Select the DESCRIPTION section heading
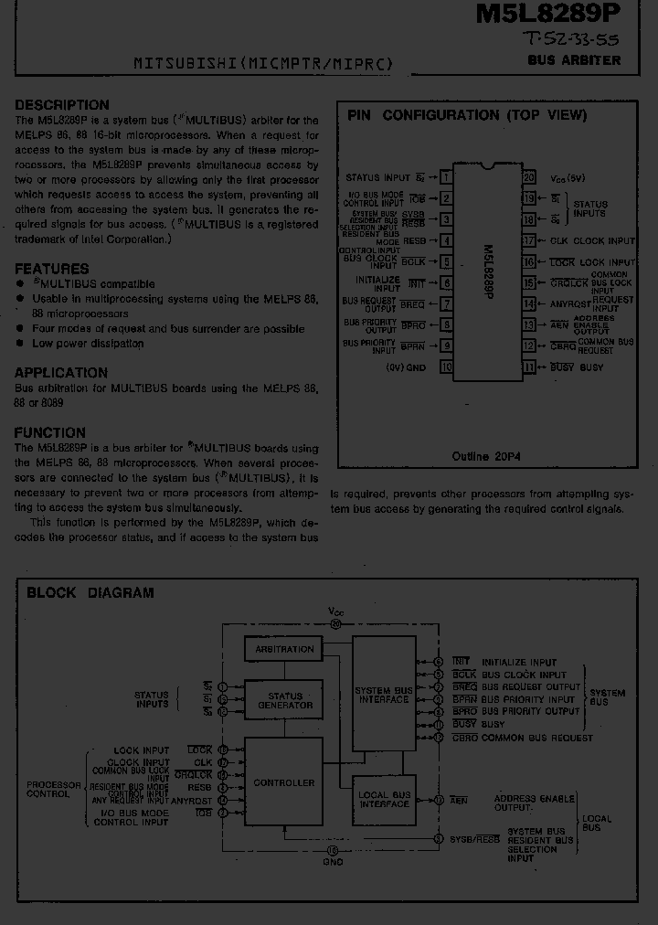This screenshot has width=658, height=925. (x=61, y=104)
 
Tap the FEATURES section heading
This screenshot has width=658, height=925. (x=52, y=269)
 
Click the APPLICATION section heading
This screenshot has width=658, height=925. (x=61, y=372)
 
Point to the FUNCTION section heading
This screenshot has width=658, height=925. (x=50, y=432)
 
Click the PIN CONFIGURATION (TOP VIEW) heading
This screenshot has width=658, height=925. (x=466, y=115)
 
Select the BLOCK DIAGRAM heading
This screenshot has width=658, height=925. (x=90, y=592)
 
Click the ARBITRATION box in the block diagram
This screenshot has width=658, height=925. (x=284, y=649)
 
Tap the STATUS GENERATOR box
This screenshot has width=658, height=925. (x=284, y=700)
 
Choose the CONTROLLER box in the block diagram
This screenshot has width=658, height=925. (x=284, y=782)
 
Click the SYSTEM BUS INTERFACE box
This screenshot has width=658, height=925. (x=384, y=695)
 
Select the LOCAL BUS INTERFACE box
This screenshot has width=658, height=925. (x=384, y=799)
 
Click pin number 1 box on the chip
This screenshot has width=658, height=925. (x=446, y=176)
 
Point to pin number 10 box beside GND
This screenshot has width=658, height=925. (x=446, y=367)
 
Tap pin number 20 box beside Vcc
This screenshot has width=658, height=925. (x=529, y=176)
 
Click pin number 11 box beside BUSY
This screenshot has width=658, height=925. (x=529, y=367)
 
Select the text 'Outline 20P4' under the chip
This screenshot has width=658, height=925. (x=485, y=455)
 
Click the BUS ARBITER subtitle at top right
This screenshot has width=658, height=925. (x=574, y=60)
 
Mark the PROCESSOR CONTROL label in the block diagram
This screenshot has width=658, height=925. (x=48, y=790)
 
